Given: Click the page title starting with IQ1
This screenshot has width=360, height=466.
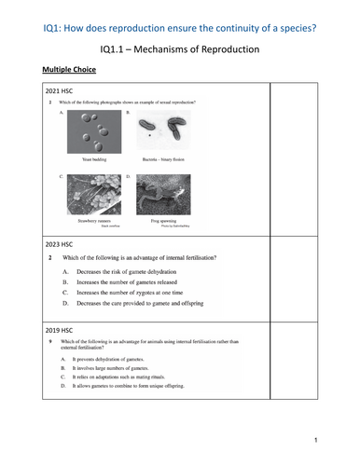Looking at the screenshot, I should click(x=180, y=10).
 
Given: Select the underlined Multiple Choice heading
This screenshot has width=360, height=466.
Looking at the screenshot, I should click(x=71, y=69).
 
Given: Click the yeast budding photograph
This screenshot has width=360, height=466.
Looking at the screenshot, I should click(x=94, y=131).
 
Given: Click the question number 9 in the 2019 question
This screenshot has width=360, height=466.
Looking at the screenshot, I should click(x=50, y=343).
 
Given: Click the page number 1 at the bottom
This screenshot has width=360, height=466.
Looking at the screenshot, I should click(x=318, y=439).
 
